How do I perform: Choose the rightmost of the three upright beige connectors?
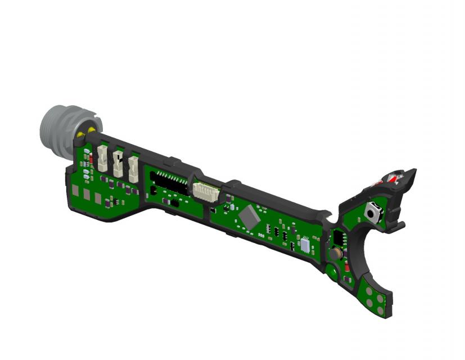[133, 168]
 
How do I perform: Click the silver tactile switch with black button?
[372, 213]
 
